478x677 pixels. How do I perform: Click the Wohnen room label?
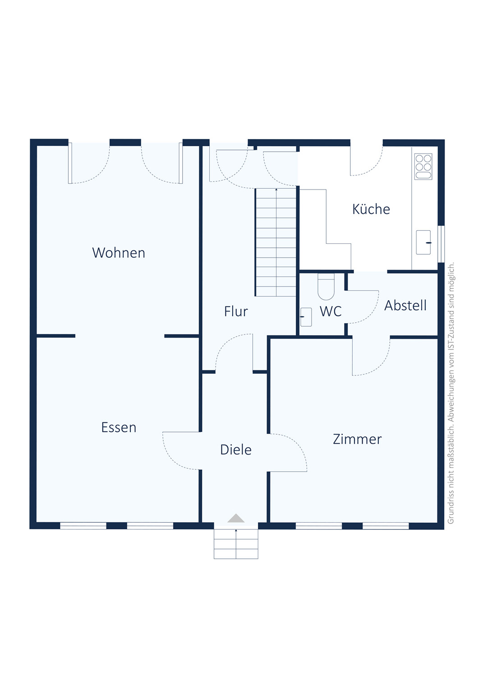(119, 253)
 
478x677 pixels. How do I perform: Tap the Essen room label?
(119, 427)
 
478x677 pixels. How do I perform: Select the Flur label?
(236, 311)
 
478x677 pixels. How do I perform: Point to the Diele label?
(236, 450)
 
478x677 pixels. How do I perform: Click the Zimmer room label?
(357, 439)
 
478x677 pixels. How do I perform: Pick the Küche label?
(371, 209)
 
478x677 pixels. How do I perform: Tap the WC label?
(331, 311)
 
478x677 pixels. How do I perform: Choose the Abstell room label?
(405, 305)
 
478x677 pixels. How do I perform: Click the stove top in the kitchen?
(423, 167)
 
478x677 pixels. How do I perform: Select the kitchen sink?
(423, 242)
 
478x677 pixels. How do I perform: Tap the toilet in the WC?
(326, 287)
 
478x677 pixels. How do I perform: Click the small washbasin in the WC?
(306, 317)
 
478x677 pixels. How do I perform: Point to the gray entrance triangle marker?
(236, 518)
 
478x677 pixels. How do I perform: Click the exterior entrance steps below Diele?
(236, 544)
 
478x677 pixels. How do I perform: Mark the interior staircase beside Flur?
(276, 242)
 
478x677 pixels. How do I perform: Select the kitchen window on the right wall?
(441, 244)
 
